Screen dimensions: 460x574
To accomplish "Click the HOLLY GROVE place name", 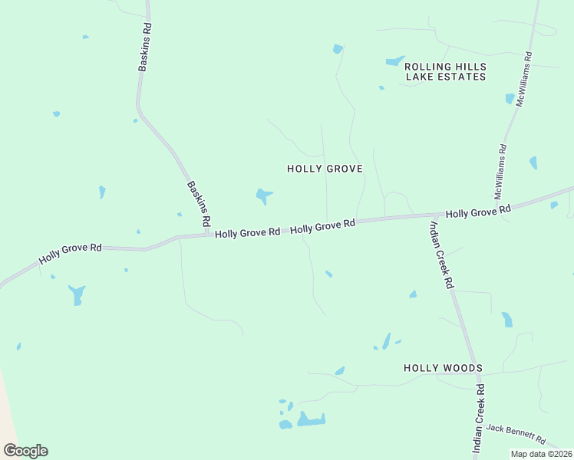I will [324, 169].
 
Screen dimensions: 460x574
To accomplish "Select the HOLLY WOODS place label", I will [443, 368].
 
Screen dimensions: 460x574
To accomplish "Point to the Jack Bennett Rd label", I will [515, 435].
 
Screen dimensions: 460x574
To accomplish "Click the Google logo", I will [25, 451].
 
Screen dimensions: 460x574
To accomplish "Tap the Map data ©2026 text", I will [540, 454].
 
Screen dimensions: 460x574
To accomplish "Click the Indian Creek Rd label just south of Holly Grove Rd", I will [441, 254].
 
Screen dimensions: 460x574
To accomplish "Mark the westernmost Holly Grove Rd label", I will [71, 253].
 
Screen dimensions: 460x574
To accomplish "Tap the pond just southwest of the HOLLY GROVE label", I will [263, 195].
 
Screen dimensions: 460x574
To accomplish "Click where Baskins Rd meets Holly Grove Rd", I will [208, 234].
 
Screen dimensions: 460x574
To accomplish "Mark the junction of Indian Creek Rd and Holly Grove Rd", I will [427, 217].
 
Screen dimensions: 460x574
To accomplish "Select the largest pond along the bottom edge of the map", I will [312, 419].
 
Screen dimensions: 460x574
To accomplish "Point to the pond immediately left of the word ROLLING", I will [394, 61].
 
